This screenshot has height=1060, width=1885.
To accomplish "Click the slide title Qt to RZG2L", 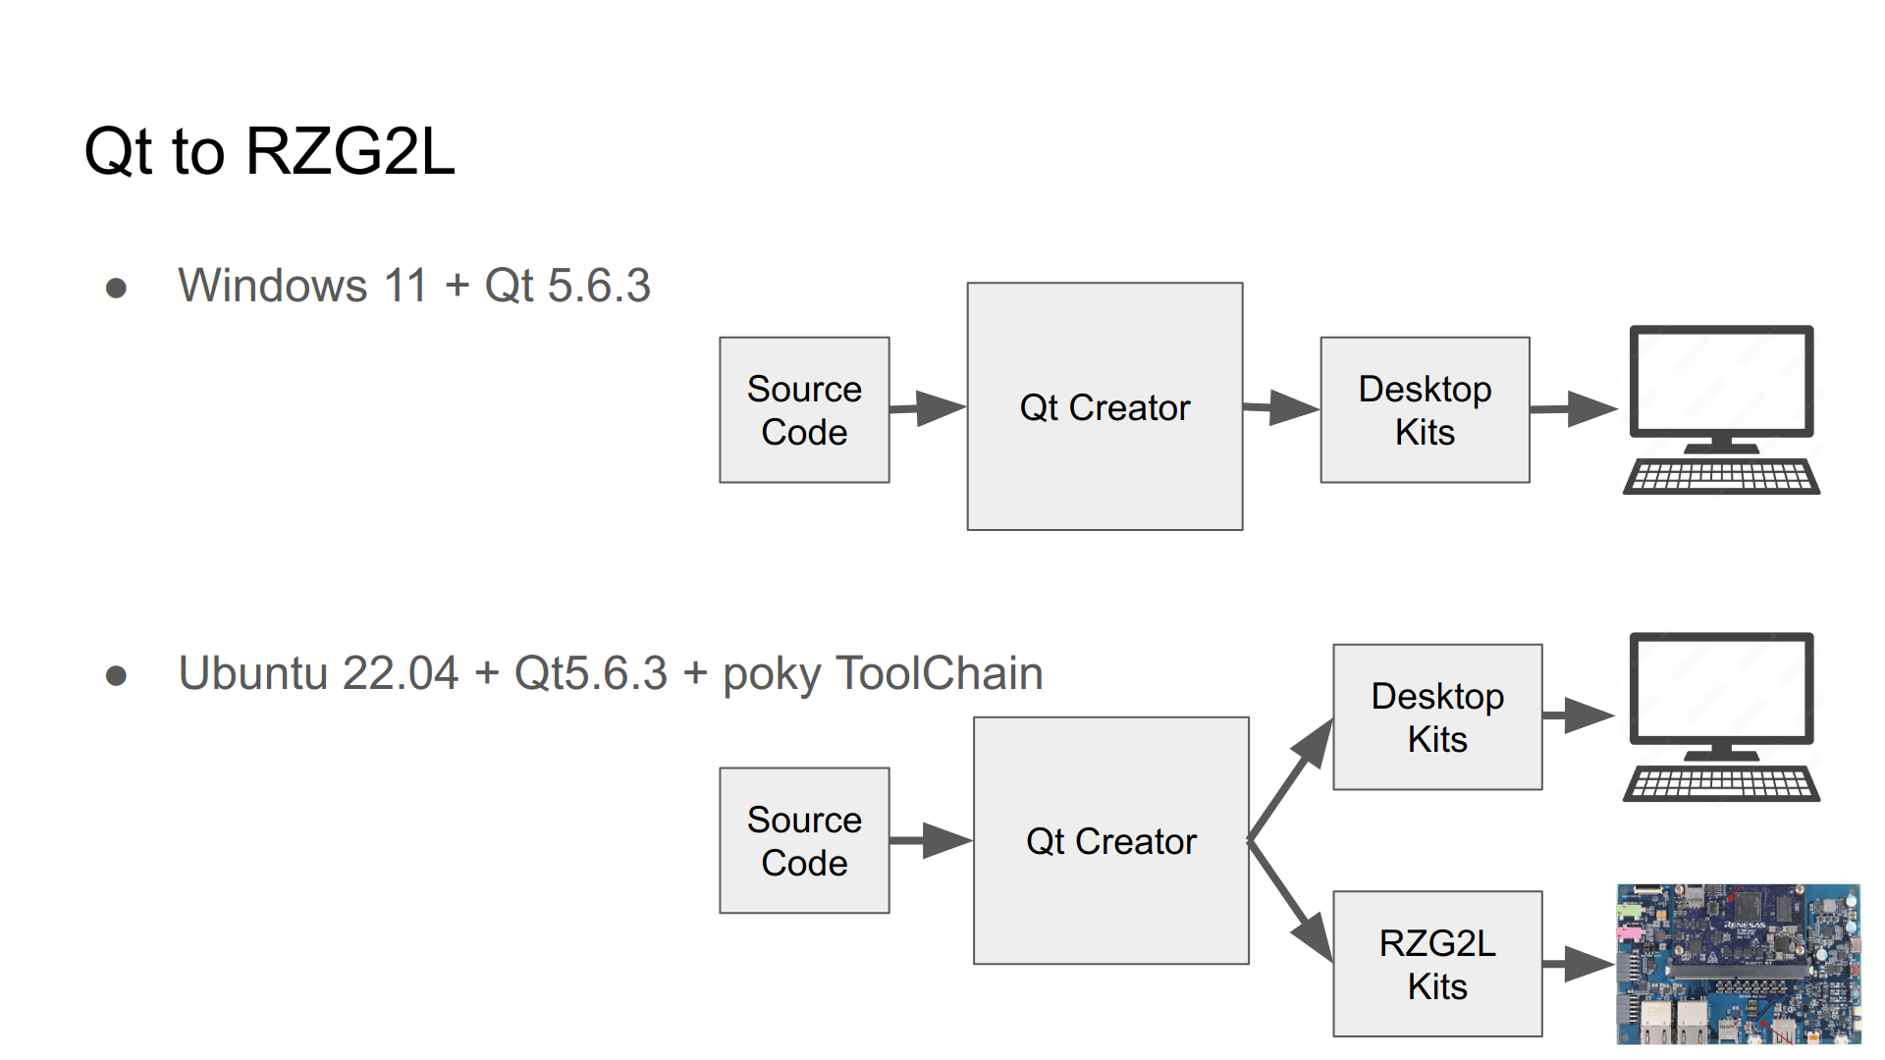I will pyautogui.click(x=270, y=152).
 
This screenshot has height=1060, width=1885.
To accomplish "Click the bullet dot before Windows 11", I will pyautogui.click(x=116, y=288).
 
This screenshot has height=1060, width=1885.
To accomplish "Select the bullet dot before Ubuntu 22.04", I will pyautogui.click(x=116, y=675).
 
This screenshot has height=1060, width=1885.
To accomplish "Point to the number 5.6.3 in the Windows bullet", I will pyautogui.click(x=598, y=286).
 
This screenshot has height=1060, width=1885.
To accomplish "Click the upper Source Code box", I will pyautogui.click(x=804, y=410).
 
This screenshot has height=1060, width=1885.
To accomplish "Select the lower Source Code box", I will pyautogui.click(x=804, y=841).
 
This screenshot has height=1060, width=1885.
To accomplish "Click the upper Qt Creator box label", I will pyautogui.click(x=1104, y=407).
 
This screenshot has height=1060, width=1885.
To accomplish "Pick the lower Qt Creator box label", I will pyautogui.click(x=1110, y=841).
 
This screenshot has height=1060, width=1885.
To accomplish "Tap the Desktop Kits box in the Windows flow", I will pyautogui.click(x=1425, y=410).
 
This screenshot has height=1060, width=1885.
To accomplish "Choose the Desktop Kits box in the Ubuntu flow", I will pyautogui.click(x=1437, y=717).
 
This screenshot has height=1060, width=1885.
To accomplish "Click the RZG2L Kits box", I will pyautogui.click(x=1437, y=964).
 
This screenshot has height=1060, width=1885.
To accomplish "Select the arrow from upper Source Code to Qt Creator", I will pyautogui.click(x=929, y=408).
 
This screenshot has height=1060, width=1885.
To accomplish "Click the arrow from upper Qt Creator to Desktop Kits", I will pyautogui.click(x=1282, y=407).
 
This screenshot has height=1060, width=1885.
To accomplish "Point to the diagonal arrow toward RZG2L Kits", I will pyautogui.click(x=1292, y=904).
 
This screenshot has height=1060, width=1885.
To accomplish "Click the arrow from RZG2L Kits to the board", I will pyautogui.click(x=1579, y=964).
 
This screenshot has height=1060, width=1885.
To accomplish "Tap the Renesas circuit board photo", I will pyautogui.click(x=1738, y=964).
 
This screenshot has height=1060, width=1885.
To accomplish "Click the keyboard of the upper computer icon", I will pyautogui.click(x=1721, y=478).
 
